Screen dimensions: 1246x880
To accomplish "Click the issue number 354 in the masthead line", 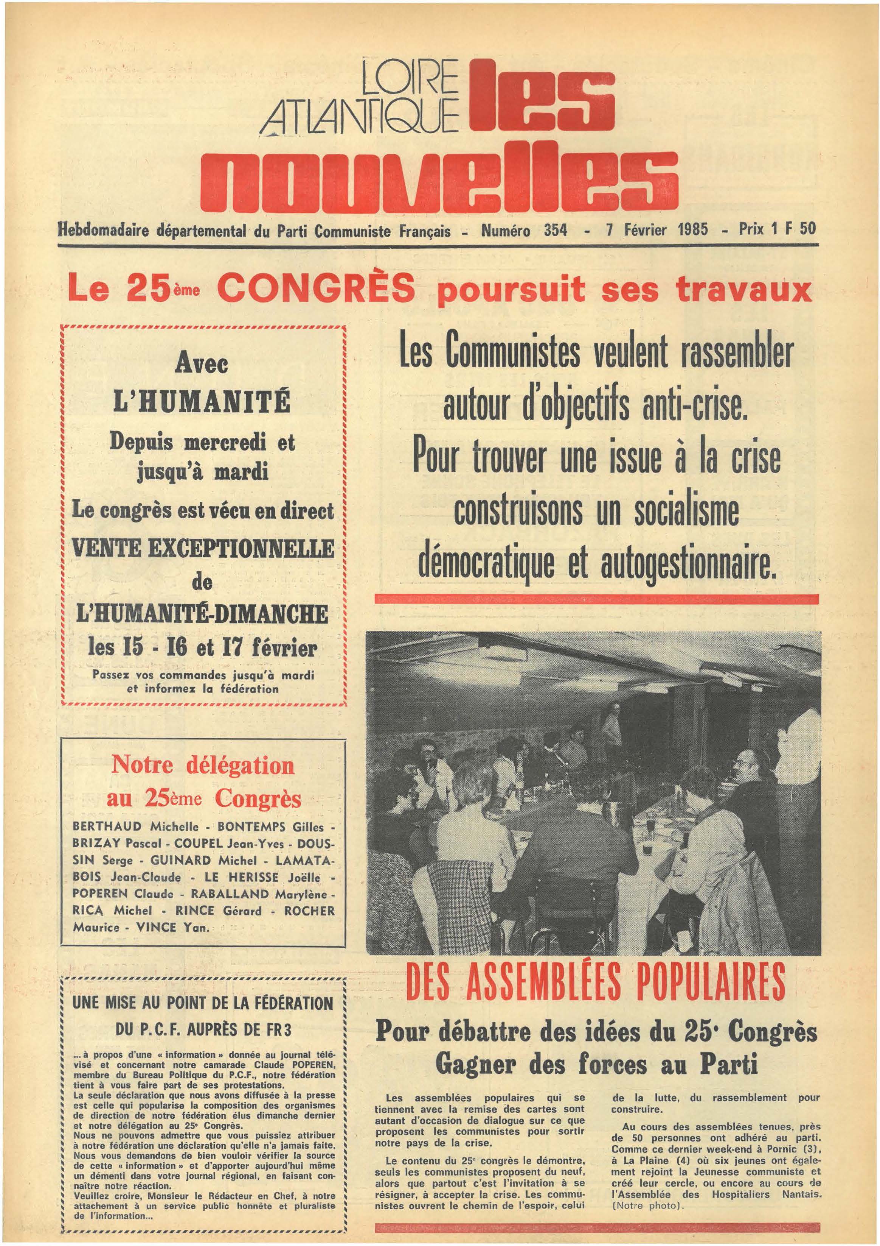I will coord(556,230).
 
